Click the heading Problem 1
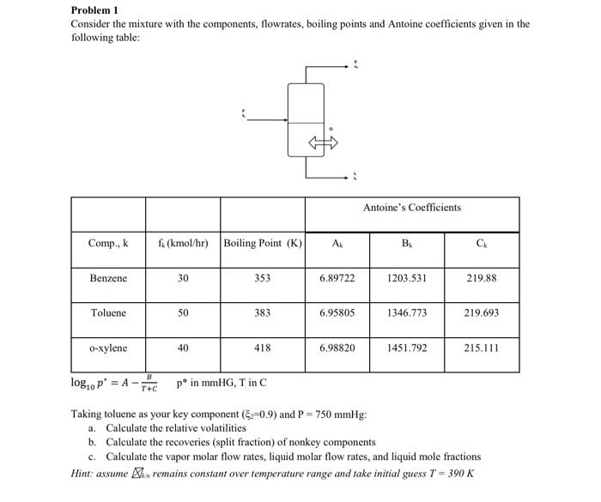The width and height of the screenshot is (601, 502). point(94,10)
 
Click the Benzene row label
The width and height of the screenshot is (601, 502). point(108,279)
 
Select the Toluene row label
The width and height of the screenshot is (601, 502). point(108,313)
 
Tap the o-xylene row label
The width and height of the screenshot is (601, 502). point(108,348)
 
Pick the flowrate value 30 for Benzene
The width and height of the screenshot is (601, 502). point(183,279)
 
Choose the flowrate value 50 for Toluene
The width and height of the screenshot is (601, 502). point(183,313)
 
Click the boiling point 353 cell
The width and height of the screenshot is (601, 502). point(262,279)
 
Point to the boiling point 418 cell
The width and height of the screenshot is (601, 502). point(262,348)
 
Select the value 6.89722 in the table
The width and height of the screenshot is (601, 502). point(337,279)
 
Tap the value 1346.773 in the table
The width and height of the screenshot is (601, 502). point(407,313)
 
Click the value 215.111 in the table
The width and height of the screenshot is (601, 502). point(481,348)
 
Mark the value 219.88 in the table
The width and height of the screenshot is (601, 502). point(481,279)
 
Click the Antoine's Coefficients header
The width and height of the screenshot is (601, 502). point(411,208)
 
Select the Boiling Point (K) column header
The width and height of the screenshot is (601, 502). point(262,244)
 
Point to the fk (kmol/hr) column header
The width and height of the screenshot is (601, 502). point(183,244)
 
